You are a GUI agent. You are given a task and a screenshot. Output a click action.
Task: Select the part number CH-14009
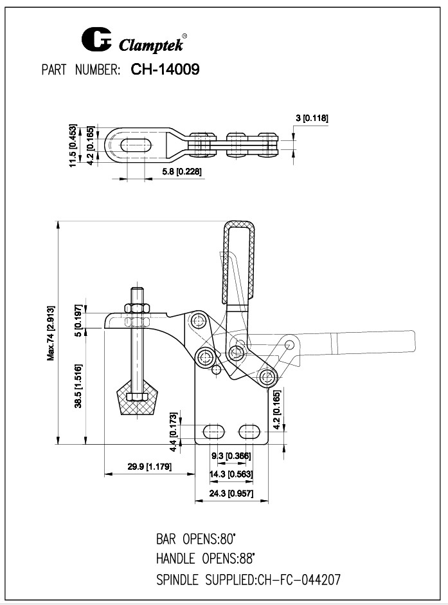pyautogui.click(x=165, y=70)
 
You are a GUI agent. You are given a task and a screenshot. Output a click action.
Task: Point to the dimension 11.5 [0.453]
pyautogui.click(x=74, y=145)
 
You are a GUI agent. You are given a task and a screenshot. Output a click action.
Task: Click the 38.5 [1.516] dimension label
pyautogui.click(x=78, y=386)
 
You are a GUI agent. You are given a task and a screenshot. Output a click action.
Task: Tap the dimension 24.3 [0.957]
pyautogui.click(x=231, y=493)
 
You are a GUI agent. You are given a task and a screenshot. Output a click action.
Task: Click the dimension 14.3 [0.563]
pyautogui.click(x=231, y=474)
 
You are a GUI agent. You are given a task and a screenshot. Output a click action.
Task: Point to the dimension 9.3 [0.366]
pyautogui.click(x=231, y=456)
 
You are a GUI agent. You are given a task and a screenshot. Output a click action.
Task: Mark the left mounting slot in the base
pyautogui.click(x=215, y=429)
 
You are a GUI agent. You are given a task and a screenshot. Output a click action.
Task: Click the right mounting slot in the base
pyautogui.click(x=249, y=429)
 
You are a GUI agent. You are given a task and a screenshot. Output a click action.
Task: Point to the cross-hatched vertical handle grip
pyautogui.click(x=239, y=261)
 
